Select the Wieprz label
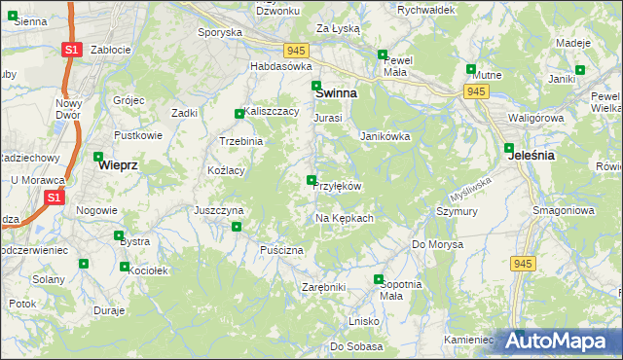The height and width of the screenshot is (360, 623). click(118, 165)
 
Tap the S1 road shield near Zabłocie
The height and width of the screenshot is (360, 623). click(70, 49)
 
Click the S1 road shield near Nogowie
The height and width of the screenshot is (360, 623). click(55, 198)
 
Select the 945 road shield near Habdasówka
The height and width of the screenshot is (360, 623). click(298, 50)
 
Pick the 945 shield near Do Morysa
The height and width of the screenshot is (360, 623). click(523, 263)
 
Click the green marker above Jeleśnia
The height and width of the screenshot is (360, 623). click(509, 149)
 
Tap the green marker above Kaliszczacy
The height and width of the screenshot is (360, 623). click(239, 114)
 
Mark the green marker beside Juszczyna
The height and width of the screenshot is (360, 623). click(237, 227)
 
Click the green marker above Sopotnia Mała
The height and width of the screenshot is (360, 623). click(379, 280)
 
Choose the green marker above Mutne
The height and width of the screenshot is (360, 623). click(471, 69)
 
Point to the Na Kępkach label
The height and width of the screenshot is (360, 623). click(345, 218)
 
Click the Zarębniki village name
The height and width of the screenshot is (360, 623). click(324, 287)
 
